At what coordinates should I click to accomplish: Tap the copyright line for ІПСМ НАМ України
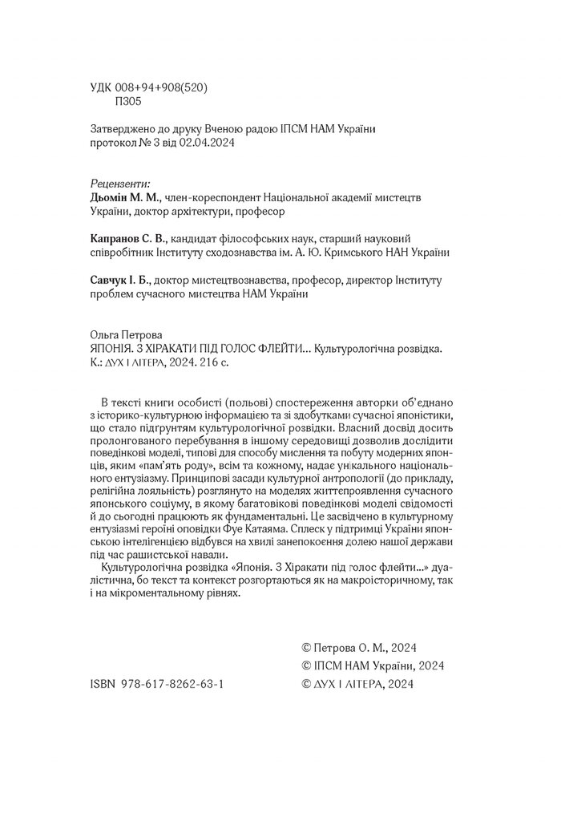coord(371,666)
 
